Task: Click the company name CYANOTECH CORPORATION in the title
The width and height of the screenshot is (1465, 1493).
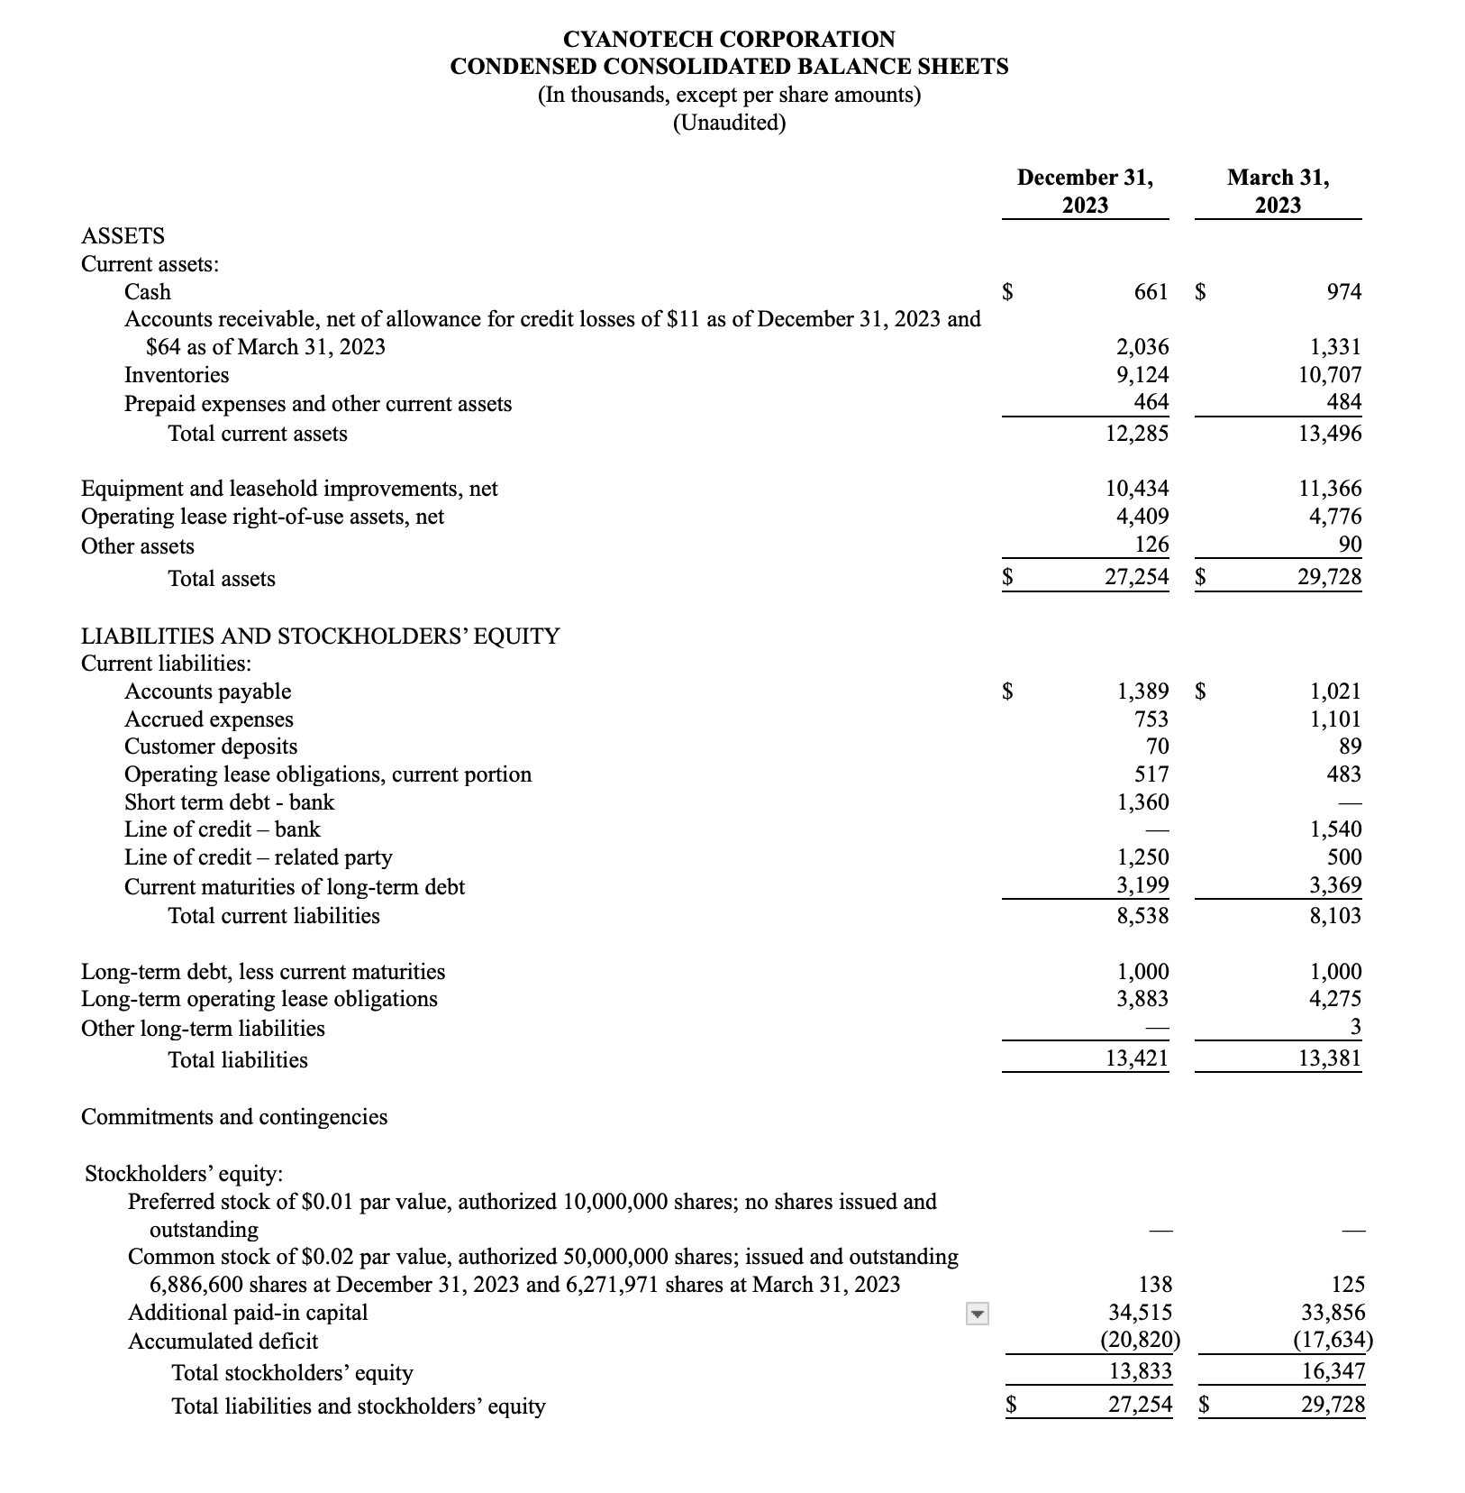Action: pyautogui.click(x=729, y=39)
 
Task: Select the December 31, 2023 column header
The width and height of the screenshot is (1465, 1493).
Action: pyautogui.click(x=1085, y=190)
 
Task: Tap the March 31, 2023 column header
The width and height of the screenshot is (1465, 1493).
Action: pyautogui.click(x=1278, y=190)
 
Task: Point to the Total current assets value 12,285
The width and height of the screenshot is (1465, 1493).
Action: pyautogui.click(x=1136, y=434)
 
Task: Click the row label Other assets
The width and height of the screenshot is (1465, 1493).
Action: pyautogui.click(x=138, y=546)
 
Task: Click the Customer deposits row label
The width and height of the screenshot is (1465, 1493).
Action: pyautogui.click(x=211, y=746)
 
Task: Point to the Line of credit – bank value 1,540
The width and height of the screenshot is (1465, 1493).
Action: pyautogui.click(x=1335, y=829)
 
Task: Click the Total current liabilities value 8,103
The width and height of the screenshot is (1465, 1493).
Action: pyautogui.click(x=1335, y=916)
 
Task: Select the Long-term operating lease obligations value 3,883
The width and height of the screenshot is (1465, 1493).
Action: pyautogui.click(x=1142, y=999)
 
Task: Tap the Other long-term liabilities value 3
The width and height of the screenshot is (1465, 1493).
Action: pyautogui.click(x=1355, y=1028)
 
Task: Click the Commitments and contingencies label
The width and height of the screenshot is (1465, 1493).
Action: pyautogui.click(x=234, y=1117)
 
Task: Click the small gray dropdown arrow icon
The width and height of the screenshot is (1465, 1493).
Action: pyautogui.click(x=977, y=1314)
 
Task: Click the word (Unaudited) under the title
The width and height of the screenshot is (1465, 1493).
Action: pyautogui.click(x=729, y=123)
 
